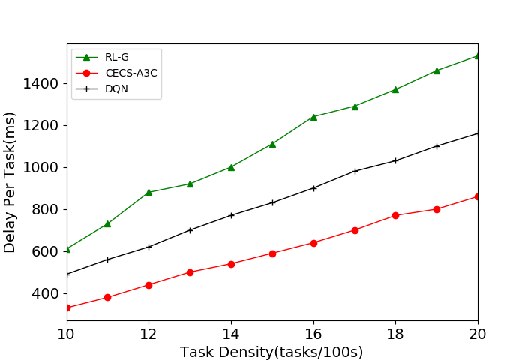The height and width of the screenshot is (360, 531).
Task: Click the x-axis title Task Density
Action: [x=271, y=352]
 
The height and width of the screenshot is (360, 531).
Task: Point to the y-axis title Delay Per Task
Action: [x=10, y=182]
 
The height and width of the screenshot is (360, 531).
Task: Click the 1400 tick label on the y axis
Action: [x=43, y=83]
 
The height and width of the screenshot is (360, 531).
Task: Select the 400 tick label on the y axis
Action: [x=46, y=293]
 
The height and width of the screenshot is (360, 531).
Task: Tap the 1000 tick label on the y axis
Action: [x=43, y=167]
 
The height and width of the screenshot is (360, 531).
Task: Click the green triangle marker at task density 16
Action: [x=313, y=117]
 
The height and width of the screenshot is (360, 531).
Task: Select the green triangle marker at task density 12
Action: [x=149, y=192]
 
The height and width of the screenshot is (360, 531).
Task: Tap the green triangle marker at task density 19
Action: [x=436, y=70]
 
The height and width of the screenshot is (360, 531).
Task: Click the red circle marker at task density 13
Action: [x=190, y=272]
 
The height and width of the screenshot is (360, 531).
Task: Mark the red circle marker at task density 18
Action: [x=395, y=215]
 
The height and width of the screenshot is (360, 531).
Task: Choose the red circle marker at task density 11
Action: [x=108, y=297]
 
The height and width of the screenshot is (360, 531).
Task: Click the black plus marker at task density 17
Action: [x=355, y=171]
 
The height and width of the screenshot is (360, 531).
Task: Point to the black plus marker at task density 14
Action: [x=231, y=215]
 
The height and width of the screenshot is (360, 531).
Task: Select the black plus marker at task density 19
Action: [x=436, y=146]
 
